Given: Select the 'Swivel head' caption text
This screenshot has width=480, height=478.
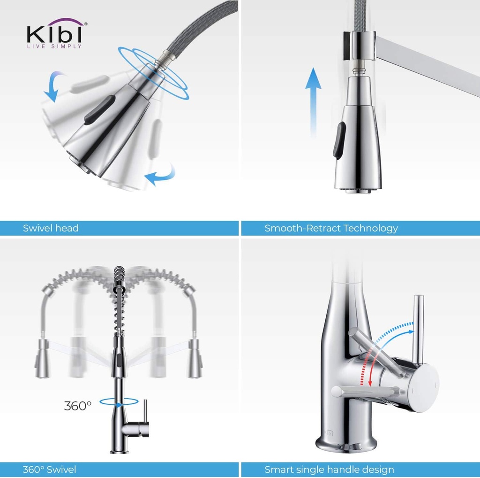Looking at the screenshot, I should [51, 229].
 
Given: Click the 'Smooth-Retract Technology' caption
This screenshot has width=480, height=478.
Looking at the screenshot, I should [331, 229].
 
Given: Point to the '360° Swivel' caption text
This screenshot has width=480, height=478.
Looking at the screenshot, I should [49, 469].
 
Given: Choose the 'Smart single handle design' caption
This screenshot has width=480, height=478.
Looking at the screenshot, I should [329, 469].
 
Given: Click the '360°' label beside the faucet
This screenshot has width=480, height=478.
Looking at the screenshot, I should [78, 405].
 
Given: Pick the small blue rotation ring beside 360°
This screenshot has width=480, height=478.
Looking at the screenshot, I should [119, 402].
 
